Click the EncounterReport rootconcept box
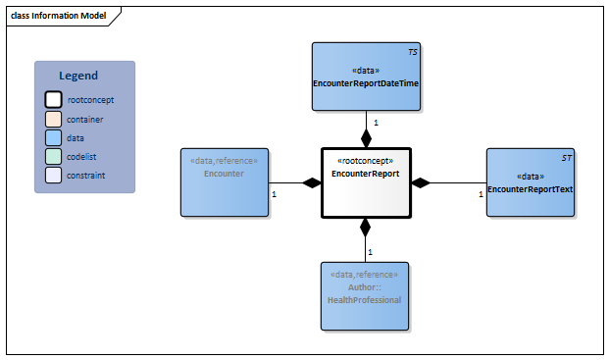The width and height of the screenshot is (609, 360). [366, 182]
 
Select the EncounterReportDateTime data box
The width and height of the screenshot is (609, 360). [366, 77]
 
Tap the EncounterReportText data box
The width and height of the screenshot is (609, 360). [530, 182]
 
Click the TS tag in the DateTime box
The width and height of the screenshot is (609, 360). [412, 50]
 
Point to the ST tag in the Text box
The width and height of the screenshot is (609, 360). [566, 157]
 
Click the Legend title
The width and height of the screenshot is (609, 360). [78, 76]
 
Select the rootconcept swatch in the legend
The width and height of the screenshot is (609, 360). [53, 99]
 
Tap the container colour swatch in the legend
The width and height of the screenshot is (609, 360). [53, 119]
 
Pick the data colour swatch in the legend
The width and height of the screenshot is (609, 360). [53, 137]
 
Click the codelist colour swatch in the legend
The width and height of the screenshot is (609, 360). [53, 156]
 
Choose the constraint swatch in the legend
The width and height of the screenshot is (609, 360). [53, 175]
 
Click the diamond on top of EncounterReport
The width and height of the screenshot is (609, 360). [366, 138]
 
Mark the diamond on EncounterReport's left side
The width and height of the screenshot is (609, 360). [312, 182]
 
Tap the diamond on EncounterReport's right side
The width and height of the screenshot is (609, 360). [421, 182]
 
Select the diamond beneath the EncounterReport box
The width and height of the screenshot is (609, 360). [366, 228]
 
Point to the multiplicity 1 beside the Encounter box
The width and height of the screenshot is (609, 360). [274, 194]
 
